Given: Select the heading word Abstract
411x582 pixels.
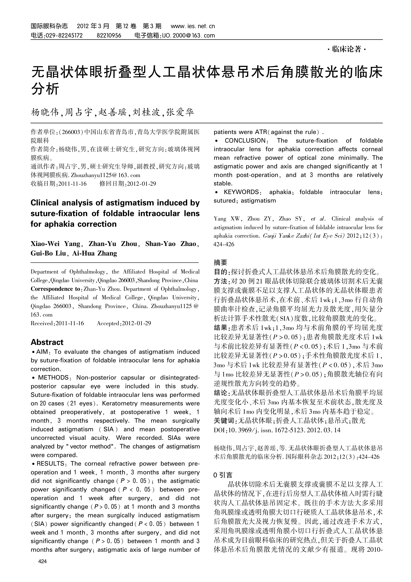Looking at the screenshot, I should pos(47,342).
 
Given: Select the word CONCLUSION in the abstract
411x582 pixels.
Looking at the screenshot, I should pos(245,141).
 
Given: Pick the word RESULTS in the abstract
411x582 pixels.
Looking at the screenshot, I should pos(51,464).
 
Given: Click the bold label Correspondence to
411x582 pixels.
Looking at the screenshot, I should pos(55,289).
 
